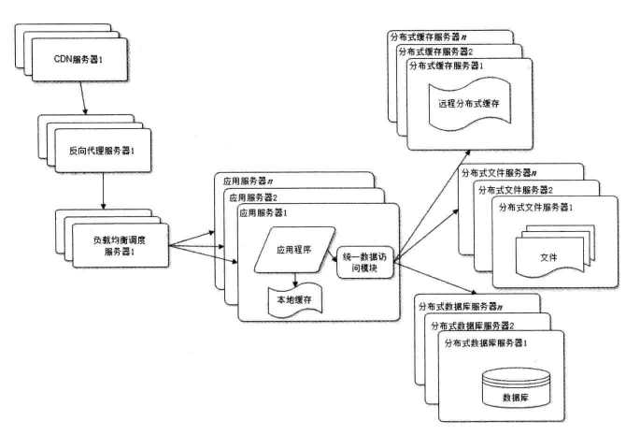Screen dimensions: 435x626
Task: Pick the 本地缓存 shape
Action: pos(293,300)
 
